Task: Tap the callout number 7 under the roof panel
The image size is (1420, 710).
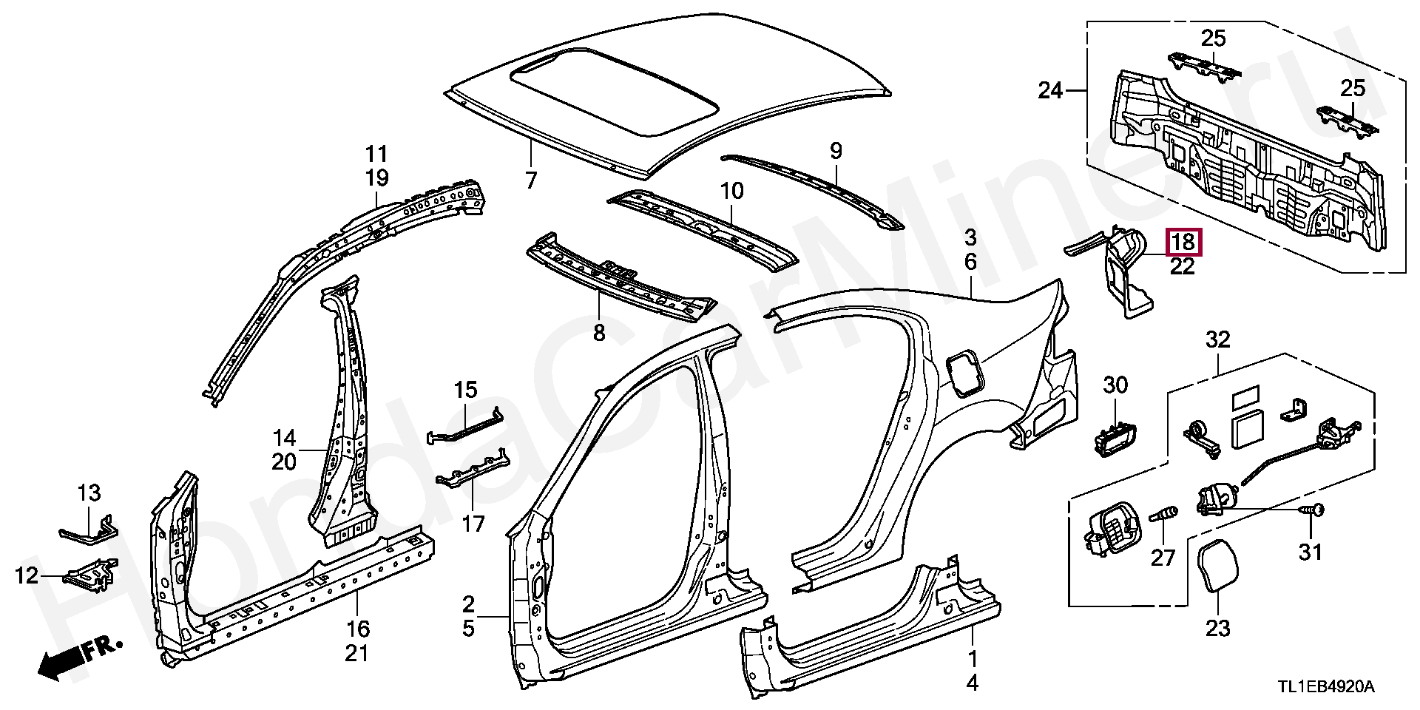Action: tap(531, 180)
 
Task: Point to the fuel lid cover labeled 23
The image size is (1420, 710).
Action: tap(1217, 567)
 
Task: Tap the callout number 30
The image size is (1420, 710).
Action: tap(1116, 385)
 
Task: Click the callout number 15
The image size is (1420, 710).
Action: tap(466, 390)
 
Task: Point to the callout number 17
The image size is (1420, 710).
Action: tap(473, 524)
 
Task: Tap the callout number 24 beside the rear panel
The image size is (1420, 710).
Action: tap(1050, 91)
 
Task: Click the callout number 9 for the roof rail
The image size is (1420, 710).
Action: tap(836, 152)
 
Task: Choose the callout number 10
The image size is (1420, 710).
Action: tap(731, 191)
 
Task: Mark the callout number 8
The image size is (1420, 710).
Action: tap(599, 333)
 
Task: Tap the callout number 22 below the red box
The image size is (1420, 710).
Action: tap(1183, 266)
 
